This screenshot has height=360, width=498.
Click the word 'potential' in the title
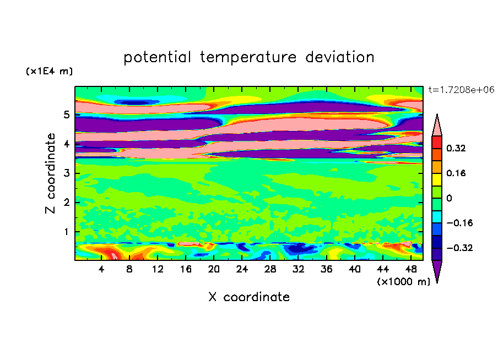(157, 57)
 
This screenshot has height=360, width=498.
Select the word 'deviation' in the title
(339, 57)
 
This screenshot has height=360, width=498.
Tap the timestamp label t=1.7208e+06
(461, 90)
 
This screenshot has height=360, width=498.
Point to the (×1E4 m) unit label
(49, 71)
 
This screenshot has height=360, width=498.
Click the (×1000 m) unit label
(403, 282)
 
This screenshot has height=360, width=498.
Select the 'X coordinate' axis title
(249, 297)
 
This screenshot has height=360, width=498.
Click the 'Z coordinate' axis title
(50, 173)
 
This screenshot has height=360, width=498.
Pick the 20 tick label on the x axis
(214, 269)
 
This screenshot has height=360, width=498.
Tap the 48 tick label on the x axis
(410, 269)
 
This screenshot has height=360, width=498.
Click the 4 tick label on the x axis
(101, 269)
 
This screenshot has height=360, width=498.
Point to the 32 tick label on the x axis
(298, 269)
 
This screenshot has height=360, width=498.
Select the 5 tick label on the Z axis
(66, 114)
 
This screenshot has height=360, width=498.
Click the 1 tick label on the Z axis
(66, 232)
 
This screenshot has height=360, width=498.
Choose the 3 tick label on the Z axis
(66, 173)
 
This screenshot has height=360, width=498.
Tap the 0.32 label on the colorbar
(456, 148)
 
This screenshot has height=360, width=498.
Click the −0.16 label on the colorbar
(459, 223)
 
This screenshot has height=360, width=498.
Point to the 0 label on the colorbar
(449, 198)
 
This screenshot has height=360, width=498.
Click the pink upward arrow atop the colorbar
(437, 126)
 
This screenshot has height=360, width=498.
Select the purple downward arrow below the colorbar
(437, 271)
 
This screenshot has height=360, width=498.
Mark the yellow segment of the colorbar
(437, 179)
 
